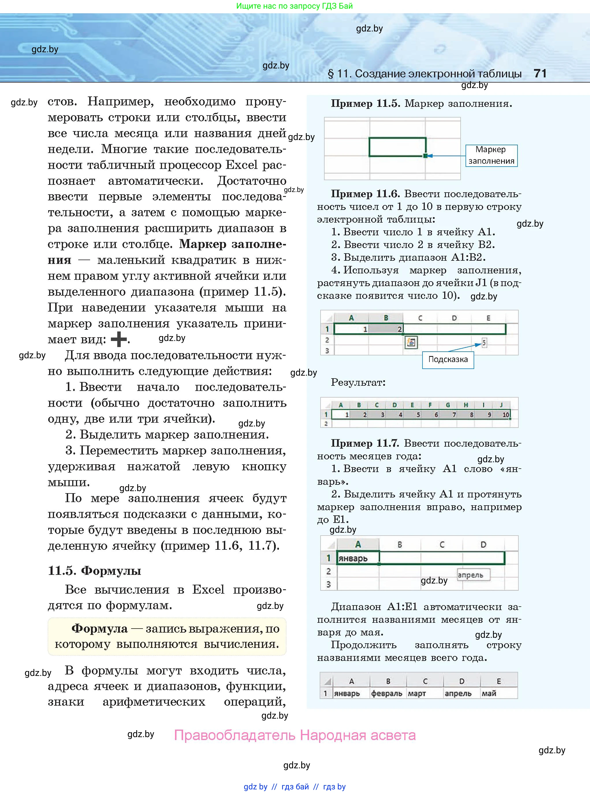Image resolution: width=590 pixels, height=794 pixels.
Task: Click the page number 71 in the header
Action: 540,74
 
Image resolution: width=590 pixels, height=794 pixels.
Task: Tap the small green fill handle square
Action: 425,156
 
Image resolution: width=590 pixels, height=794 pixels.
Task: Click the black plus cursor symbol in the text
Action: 119,339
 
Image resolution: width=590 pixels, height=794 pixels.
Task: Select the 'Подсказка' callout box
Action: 448,359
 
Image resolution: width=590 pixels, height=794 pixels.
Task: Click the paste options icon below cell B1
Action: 411,343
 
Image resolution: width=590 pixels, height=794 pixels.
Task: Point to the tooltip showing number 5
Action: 484,343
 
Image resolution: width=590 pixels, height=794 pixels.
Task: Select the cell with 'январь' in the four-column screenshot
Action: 358,558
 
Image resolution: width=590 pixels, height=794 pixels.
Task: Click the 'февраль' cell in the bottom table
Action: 387,693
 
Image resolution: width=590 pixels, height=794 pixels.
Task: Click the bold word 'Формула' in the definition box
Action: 99,629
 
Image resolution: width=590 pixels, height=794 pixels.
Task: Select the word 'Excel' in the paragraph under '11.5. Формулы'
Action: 208,589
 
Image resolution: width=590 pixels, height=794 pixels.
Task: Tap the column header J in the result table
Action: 501,405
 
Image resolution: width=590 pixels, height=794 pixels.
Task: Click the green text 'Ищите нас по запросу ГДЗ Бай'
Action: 295,6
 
